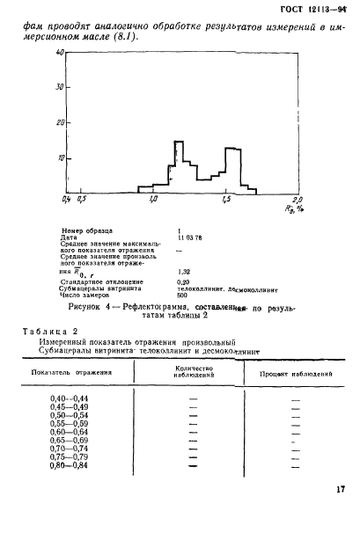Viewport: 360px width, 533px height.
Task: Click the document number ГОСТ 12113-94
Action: tap(315, 10)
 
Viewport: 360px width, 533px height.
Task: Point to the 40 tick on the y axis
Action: tap(35, 54)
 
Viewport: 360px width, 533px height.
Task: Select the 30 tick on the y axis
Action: tap(35, 88)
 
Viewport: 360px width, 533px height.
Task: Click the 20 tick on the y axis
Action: tap(35, 123)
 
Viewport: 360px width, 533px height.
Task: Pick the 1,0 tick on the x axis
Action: tap(154, 201)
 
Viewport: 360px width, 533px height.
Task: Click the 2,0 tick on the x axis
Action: tap(297, 201)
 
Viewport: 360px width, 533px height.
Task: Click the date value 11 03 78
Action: tap(190, 237)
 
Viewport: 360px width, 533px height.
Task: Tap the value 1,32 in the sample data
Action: tap(184, 273)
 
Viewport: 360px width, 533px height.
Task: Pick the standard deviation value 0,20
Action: tap(184, 281)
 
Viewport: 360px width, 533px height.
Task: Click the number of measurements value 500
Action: tap(183, 296)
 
